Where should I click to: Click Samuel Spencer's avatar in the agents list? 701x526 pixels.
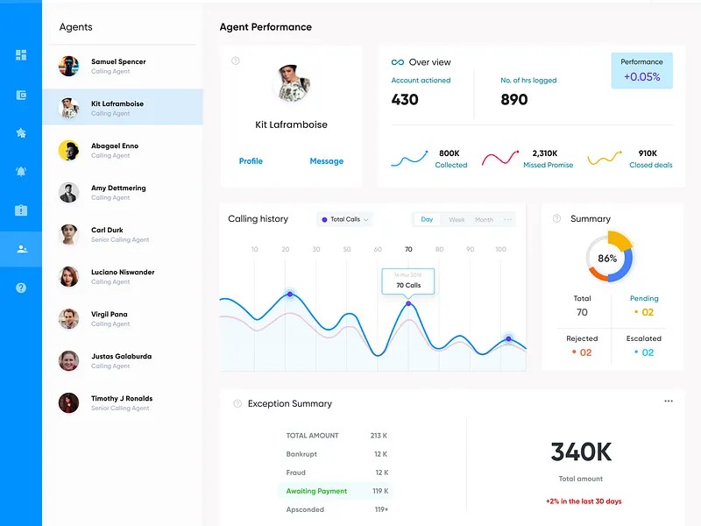click(68, 66)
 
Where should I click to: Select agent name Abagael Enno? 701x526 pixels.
click(115, 146)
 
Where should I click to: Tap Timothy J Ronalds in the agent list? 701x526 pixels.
click(122, 399)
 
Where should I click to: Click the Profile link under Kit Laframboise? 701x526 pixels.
click(251, 161)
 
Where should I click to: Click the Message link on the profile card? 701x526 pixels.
click(326, 161)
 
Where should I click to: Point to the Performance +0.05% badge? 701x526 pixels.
click(641, 70)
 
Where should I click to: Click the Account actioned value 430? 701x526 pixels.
click(405, 100)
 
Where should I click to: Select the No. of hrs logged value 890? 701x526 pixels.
click(514, 100)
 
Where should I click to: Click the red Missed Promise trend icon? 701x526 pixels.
click(500, 159)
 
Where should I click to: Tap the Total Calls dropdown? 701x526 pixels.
click(345, 219)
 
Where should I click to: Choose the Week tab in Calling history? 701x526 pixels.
click(457, 220)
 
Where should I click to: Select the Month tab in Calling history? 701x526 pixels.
click(484, 220)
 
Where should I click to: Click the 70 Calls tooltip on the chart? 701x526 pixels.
click(408, 284)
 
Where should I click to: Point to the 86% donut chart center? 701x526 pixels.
click(608, 258)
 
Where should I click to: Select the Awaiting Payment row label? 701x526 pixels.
click(316, 492)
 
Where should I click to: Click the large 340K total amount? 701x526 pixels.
click(581, 451)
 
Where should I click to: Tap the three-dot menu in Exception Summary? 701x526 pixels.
click(669, 402)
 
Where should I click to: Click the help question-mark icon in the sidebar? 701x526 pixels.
click(21, 288)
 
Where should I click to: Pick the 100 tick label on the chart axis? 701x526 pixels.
click(500, 250)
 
